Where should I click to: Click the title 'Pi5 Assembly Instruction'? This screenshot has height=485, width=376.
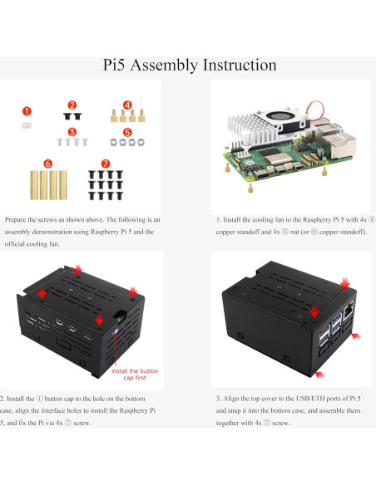[x=188, y=65]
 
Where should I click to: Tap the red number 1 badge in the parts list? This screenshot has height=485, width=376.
[x=27, y=110]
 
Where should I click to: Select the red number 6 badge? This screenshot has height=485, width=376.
[x=47, y=164]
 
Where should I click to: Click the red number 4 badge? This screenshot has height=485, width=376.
[x=126, y=105]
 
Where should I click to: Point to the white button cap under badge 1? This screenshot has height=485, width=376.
[x=27, y=125]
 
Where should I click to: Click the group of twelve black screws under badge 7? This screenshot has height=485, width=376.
[x=104, y=185]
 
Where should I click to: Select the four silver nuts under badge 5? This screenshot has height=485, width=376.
[x=126, y=143]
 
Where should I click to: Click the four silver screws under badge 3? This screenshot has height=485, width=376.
[x=72, y=143]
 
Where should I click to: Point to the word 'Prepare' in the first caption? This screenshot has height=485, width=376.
[x=17, y=220]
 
